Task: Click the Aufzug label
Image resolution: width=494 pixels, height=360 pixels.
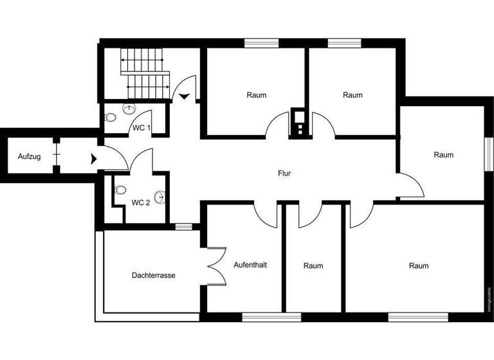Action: (x=29, y=156)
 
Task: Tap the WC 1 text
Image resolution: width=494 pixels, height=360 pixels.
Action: (x=142, y=128)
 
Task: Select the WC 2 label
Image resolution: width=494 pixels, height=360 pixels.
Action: (x=141, y=203)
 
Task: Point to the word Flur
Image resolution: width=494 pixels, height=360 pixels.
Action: (x=284, y=173)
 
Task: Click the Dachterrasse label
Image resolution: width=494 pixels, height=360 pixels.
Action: (x=153, y=275)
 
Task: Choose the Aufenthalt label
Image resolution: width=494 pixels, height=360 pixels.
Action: (x=250, y=265)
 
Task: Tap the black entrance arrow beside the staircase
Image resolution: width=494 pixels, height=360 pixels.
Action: (x=185, y=96)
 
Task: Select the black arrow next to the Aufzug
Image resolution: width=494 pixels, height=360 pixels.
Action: (x=95, y=157)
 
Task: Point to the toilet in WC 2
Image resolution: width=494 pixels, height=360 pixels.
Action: (x=120, y=190)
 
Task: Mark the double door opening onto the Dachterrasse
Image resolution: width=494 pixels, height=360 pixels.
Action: (x=215, y=265)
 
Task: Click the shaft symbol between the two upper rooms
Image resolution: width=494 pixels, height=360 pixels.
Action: (x=300, y=122)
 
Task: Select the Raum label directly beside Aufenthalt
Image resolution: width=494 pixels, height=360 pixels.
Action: (x=313, y=265)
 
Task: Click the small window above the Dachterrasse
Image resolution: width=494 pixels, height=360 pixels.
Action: (x=183, y=226)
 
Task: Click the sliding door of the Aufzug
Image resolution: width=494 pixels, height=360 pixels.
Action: (x=57, y=156)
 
